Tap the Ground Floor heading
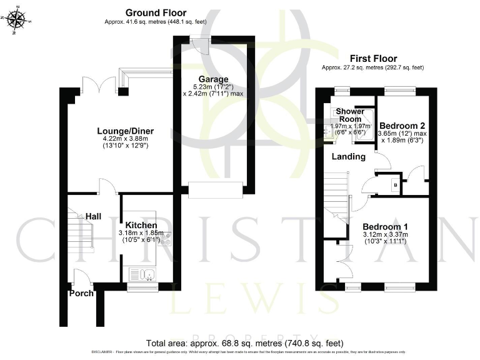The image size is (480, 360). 156,12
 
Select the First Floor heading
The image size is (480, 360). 372,57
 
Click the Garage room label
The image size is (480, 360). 213,79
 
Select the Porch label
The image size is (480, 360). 81,293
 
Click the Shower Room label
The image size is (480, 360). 350,115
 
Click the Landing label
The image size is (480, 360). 348,157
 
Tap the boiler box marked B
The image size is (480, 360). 395,185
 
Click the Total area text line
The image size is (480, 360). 244,343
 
